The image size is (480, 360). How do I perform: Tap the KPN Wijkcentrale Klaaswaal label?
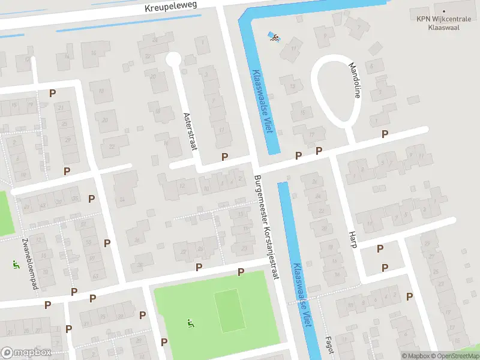(445, 22)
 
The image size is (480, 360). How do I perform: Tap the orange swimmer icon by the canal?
(274, 38)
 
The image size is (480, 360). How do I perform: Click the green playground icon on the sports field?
(191, 323)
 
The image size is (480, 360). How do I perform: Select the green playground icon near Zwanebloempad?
(16, 265)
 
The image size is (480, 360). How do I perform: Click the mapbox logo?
(26, 353)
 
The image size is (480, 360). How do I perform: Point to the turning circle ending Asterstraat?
(173, 59)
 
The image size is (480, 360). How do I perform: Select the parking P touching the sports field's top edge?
(241, 272)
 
